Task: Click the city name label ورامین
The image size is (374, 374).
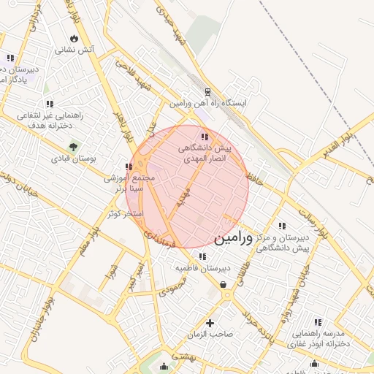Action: (x=234, y=238)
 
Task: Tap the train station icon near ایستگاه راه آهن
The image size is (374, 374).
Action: (x=208, y=93)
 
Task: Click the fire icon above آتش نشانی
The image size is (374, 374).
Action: (x=75, y=39)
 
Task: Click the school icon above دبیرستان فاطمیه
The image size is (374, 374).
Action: (x=201, y=256)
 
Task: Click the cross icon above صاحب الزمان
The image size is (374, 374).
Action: (x=210, y=323)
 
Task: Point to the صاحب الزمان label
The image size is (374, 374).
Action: (x=211, y=334)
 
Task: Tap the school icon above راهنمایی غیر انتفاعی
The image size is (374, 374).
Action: (x=49, y=104)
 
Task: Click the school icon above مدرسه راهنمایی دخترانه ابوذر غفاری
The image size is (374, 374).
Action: (x=318, y=322)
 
